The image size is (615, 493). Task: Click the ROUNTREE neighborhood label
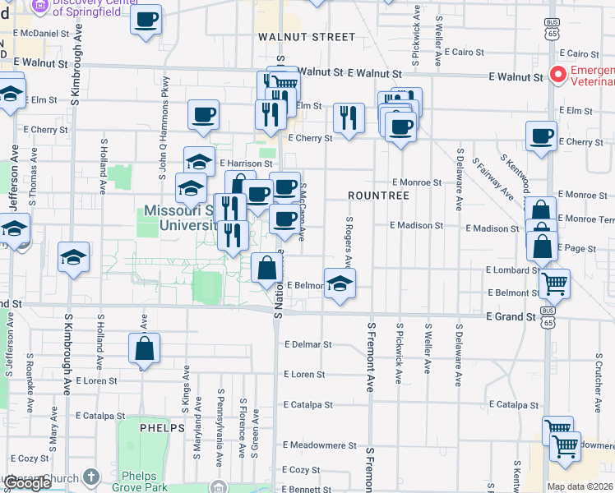(x=378, y=196)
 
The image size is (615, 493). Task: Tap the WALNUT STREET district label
(x=307, y=37)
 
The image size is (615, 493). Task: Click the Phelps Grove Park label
(x=144, y=481)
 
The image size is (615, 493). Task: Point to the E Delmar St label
(x=307, y=345)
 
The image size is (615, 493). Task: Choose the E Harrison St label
(x=245, y=164)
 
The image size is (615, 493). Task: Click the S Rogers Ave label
(x=349, y=242)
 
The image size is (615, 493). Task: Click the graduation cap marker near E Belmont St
(x=340, y=283)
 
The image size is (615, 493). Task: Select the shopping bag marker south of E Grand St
(x=145, y=348)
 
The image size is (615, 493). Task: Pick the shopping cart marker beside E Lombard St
(x=555, y=284)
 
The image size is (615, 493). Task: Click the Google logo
(x=27, y=483)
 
